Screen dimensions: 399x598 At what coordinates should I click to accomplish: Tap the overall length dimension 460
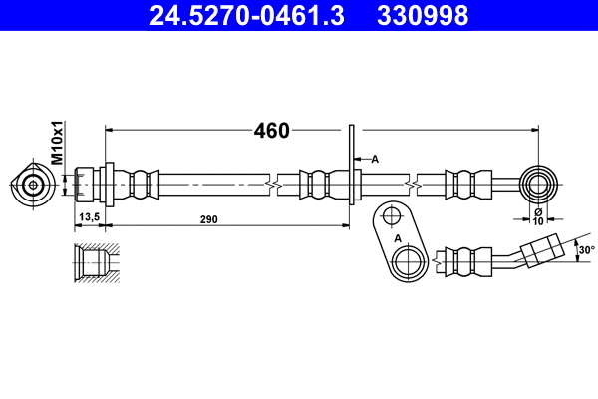pyautogui.click(x=270, y=131)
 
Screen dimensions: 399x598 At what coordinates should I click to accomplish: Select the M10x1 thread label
pyautogui.click(x=58, y=144)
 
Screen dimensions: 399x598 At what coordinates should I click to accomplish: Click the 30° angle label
pyautogui.click(x=586, y=249)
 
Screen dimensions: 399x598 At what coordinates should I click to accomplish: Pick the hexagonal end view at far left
pyautogui.click(x=34, y=185)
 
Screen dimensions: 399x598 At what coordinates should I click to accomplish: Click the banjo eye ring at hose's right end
pyautogui.click(x=539, y=184)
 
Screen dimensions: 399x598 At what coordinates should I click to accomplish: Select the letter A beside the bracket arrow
pyautogui.click(x=375, y=158)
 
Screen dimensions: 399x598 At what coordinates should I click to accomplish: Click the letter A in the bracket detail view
pyautogui.click(x=397, y=239)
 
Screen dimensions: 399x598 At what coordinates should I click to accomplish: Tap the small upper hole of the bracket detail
pyautogui.click(x=390, y=216)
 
